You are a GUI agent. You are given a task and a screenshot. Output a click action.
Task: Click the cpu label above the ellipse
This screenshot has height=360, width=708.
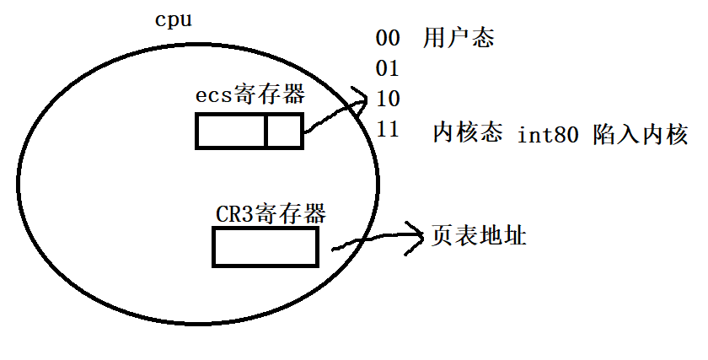click(174, 19)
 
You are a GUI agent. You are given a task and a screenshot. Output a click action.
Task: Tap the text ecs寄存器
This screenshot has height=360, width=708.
click(249, 95)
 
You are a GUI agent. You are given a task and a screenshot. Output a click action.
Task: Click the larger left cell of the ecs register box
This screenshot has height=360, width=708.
click(232, 131)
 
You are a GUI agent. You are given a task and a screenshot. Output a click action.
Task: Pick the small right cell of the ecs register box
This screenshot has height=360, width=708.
click(283, 131)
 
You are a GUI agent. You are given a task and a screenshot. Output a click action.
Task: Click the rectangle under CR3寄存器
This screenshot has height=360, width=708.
click(265, 247)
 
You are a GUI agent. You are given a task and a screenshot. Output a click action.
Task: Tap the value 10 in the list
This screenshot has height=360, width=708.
click(388, 99)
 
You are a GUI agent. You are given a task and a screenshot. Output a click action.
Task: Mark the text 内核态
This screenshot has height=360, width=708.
click(468, 133)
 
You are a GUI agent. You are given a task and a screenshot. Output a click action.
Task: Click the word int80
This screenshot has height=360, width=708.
click(548, 134)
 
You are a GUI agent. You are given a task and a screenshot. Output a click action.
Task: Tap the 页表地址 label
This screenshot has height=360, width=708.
click(479, 236)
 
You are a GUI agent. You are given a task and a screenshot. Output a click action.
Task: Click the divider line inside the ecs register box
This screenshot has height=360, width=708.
click(266, 131)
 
